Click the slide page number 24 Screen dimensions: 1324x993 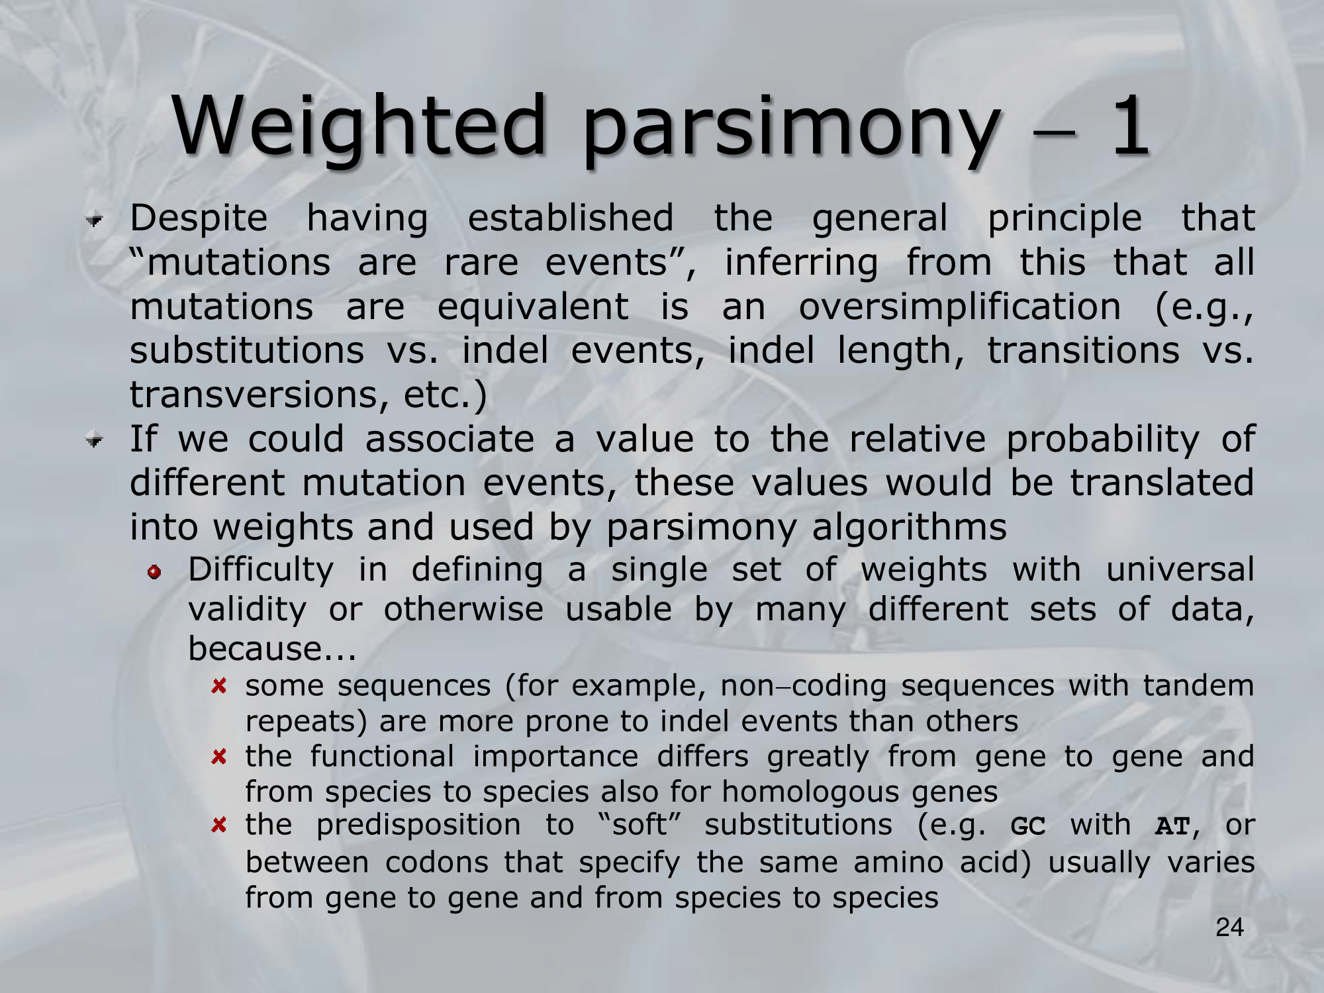[1229, 928]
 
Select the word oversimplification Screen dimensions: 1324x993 [960, 307]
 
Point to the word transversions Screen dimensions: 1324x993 [254, 395]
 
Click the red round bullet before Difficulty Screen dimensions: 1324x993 [155, 571]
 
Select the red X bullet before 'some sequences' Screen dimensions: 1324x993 [219, 686]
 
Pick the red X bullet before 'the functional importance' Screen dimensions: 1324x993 [219, 756]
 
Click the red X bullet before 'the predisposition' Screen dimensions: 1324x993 [219, 825]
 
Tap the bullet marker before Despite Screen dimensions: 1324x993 [95, 219]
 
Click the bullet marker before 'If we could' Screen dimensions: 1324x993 [95, 440]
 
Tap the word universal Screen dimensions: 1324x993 [1180, 569]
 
